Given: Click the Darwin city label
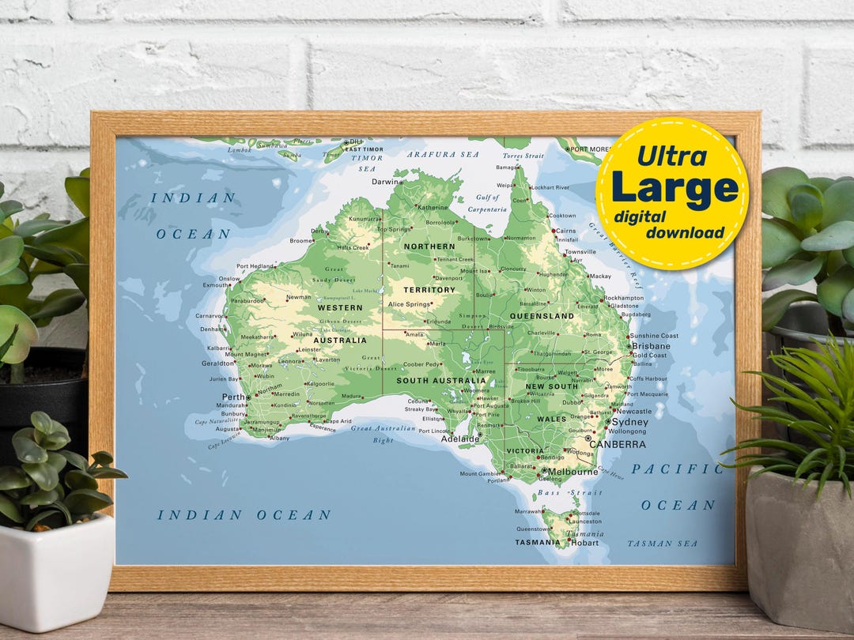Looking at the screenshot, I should tap(386, 182).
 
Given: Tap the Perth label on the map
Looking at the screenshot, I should tap(233, 397).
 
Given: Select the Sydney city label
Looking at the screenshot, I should tap(630, 422).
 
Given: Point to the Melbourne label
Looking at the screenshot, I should tap(572, 472).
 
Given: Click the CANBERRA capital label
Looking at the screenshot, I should tap(618, 444).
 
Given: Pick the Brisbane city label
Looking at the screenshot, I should tap(651, 346).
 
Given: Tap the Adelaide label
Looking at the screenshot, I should tap(460, 439).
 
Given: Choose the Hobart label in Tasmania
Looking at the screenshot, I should tap(585, 543).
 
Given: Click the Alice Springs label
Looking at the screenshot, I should tap(408, 304).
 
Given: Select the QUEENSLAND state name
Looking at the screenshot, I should tap(542, 316).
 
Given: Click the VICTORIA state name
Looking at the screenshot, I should tap(525, 451).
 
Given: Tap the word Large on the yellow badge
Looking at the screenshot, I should tap(675, 189).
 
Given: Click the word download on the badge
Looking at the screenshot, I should tap(685, 232).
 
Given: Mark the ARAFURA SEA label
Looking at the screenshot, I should tap(443, 155).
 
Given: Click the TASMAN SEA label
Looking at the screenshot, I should tap(663, 544).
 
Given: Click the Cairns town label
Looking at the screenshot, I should tap(565, 231).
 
